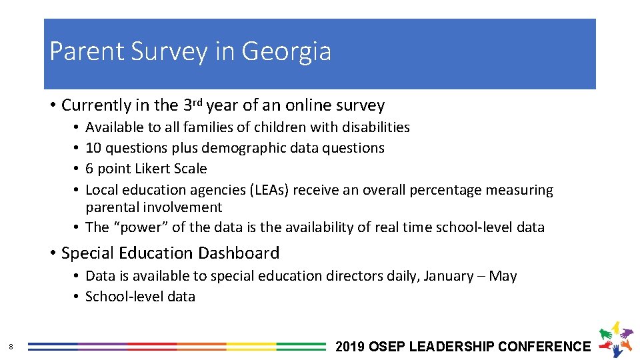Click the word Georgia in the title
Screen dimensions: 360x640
tap(286, 51)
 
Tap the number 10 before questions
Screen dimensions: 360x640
tap(93, 147)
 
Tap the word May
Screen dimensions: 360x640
tap(503, 276)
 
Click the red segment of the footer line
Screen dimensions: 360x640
tap(152, 347)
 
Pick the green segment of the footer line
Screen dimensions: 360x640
tap(301, 347)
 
